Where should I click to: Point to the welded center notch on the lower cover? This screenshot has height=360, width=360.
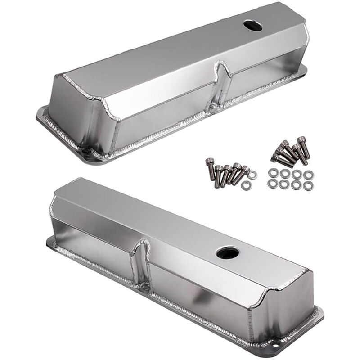tap(142, 261)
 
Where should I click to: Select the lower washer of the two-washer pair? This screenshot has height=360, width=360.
tap(246, 185)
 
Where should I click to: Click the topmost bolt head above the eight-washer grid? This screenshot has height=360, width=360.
tap(301, 140)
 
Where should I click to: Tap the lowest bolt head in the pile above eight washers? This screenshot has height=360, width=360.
tap(275, 157)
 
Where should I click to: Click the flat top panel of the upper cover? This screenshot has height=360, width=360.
tap(180, 49)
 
